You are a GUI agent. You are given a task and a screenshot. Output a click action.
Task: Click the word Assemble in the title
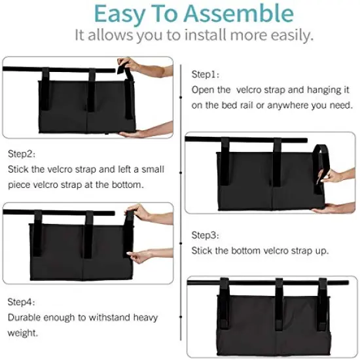tap(238, 14)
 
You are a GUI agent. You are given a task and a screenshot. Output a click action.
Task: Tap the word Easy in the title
tap(122, 14)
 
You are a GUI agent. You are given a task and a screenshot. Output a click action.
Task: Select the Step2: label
tap(22, 154)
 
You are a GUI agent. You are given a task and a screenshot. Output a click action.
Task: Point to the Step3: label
tap(204, 234)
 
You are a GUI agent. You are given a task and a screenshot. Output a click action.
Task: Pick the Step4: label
tap(22, 302)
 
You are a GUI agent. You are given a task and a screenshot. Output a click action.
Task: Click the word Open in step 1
tap(204, 90)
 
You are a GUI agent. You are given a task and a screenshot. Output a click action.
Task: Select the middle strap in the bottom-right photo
tap(280, 298)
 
